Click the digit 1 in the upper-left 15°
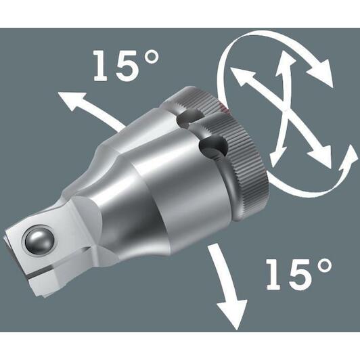tap(102, 66)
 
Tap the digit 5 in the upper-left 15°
tap(127, 66)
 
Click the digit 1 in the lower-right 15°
tap(274, 274)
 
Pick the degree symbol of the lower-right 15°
tap(324, 266)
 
